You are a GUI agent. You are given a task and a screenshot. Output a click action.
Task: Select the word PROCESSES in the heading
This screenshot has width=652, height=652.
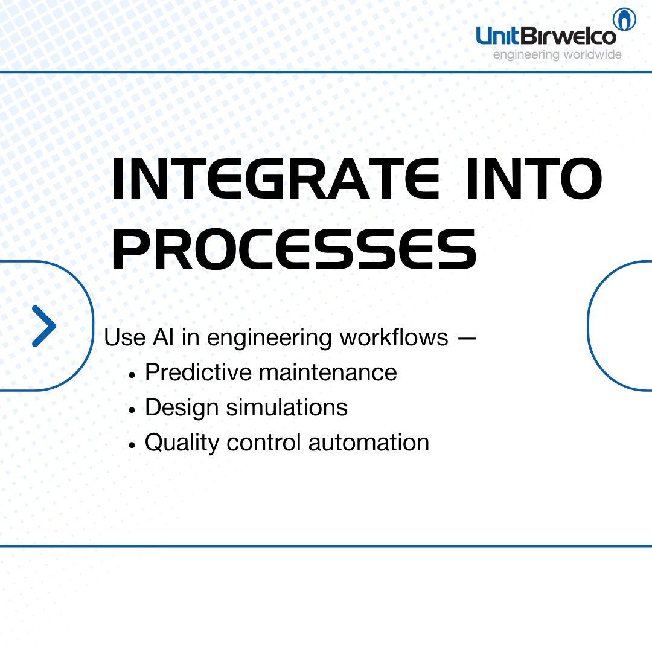pos(294,249)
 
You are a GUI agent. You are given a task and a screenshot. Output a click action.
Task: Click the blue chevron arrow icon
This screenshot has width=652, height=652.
pos(43,326)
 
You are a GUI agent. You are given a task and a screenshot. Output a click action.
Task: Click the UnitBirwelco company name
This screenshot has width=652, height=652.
pos(546,36)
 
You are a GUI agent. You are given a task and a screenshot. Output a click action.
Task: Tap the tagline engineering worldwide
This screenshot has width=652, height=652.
pos(557,55)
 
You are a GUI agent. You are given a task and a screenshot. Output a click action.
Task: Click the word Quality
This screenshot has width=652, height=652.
pos(182,443)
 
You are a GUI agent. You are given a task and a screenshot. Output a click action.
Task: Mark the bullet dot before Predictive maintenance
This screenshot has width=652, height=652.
pos(132,374)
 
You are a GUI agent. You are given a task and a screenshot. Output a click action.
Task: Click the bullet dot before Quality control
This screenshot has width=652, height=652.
pos(132,444)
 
